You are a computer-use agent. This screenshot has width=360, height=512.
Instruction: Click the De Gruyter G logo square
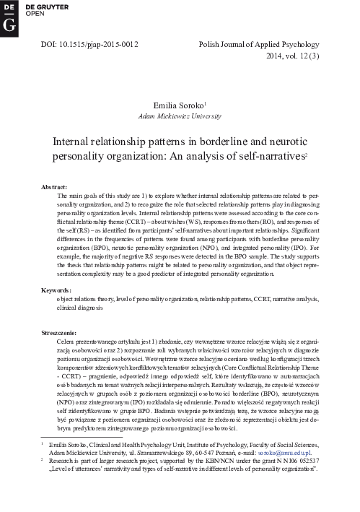[x=9, y=15]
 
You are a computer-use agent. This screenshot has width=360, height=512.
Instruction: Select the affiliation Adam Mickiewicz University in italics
[x=180, y=116]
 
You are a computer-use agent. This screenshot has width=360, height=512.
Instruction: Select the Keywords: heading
[x=59, y=289]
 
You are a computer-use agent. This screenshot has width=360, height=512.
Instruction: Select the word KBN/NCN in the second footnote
[x=221, y=460]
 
